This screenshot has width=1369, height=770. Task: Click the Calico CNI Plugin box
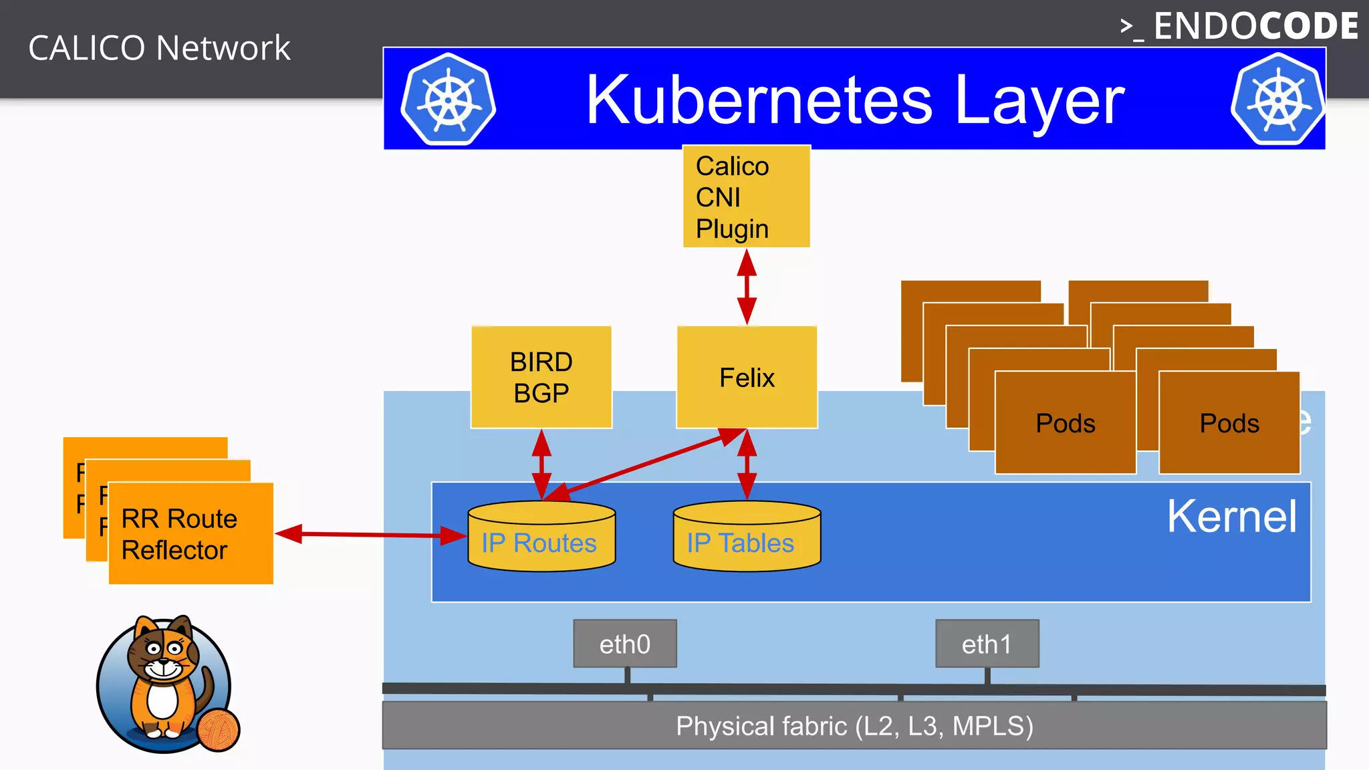746,197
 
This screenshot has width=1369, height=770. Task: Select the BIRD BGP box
541,378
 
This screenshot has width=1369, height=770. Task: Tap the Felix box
747,378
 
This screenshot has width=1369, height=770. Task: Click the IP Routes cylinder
541,538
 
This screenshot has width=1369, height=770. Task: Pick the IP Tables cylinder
747,538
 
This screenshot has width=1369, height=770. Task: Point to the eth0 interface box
624,644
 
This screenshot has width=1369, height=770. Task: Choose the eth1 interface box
987,644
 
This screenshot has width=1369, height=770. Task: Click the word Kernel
1231,517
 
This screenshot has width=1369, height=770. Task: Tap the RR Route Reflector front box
191,534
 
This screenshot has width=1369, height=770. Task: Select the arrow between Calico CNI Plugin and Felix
747,287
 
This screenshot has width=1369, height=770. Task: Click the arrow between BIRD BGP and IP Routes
541,464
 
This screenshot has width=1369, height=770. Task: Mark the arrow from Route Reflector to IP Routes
371,535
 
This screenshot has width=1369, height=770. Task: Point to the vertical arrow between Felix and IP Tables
747,465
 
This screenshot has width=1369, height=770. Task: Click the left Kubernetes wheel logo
449,100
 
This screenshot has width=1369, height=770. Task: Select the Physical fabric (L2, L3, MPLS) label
854,726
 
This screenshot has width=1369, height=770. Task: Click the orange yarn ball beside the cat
219,730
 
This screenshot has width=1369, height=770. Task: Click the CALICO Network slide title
159,48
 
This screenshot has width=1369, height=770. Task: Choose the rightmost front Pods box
1229,423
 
